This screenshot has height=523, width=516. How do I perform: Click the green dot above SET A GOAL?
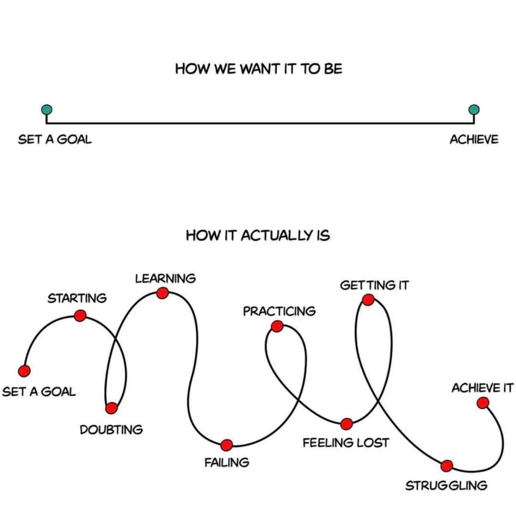47,110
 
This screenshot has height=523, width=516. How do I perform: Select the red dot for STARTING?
80,316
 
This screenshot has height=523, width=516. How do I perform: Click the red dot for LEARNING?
162,293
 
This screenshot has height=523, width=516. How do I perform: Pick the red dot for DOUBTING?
111,408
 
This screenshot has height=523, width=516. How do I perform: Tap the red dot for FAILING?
226,445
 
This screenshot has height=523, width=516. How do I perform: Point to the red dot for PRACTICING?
277,327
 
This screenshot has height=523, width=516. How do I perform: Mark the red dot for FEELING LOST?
347,424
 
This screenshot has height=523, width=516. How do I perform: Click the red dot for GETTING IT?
368,300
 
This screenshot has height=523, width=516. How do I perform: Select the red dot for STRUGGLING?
447,465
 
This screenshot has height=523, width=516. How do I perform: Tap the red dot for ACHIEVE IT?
483,403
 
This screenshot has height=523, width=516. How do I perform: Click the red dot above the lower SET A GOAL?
24,371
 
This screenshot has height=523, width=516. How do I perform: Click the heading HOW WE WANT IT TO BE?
258,69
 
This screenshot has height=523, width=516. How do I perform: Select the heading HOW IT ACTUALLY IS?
258,235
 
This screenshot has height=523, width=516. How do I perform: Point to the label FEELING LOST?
346,443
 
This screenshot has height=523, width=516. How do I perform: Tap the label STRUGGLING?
446,486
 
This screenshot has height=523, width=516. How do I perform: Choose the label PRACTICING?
279,311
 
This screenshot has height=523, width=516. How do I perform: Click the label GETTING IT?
374,285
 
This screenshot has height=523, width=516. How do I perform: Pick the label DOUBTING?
111,429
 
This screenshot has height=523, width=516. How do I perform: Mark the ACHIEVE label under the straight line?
474,140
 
